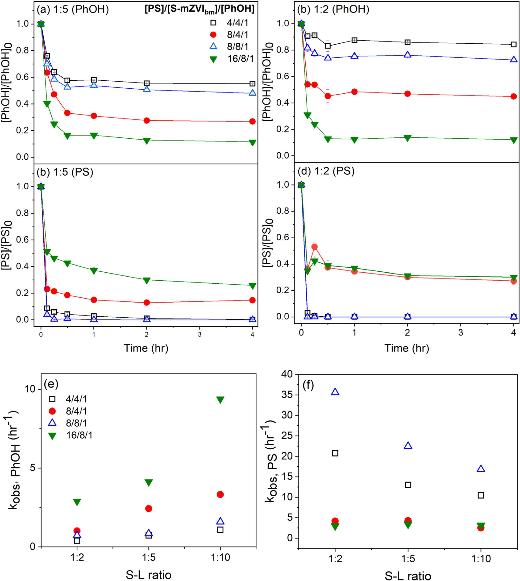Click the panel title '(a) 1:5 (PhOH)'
pyautogui.click(x=73, y=10)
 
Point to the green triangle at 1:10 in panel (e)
pyautogui.click(x=220, y=400)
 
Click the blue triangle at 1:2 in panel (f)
pyautogui.click(x=335, y=392)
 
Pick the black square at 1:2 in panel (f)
pyautogui.click(x=335, y=453)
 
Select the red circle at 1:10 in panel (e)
pyautogui.click(x=220, y=494)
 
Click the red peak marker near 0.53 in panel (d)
pyautogui.click(x=315, y=247)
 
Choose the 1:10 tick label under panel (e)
pyautogui.click(x=220, y=557)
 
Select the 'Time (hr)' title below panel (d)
pyautogui.click(x=407, y=348)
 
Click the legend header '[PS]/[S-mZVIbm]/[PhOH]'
pyautogui.click(x=199, y=9)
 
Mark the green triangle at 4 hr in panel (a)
pyautogui.click(x=252, y=142)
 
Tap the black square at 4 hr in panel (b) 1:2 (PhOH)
pyautogui.click(x=513, y=44)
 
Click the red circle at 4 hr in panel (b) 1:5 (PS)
pyautogui.click(x=252, y=300)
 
